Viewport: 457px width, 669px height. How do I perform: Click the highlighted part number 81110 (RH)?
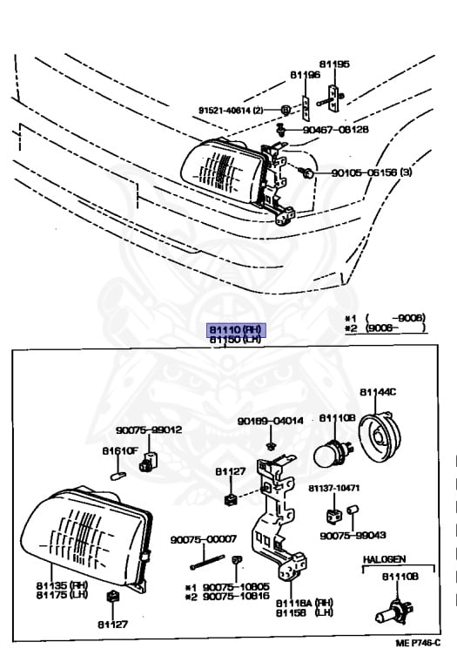pos(234,329)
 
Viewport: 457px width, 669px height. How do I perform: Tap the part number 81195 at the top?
pos(333,64)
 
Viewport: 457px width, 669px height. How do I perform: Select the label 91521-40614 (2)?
pos(236,110)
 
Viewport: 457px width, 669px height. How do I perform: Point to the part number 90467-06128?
pos(335,129)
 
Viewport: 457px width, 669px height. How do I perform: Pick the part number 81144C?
pos(379,392)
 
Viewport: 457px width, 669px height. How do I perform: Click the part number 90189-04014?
pos(270,421)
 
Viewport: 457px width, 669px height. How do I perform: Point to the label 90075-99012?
pos(149,429)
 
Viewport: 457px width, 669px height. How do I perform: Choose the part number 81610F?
pos(120,450)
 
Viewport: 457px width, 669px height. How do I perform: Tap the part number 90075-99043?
pos(353,536)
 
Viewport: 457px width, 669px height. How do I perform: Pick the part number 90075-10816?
pos(235,597)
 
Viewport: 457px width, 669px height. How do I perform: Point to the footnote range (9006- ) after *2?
pos(395,328)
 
